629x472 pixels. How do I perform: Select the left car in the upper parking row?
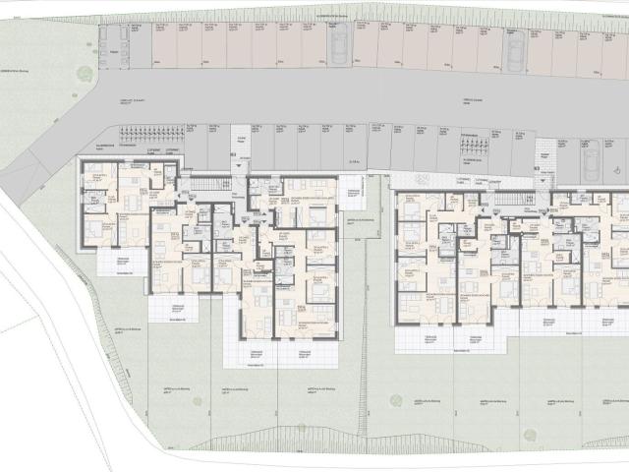[339, 44]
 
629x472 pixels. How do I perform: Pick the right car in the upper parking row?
[512, 50]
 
